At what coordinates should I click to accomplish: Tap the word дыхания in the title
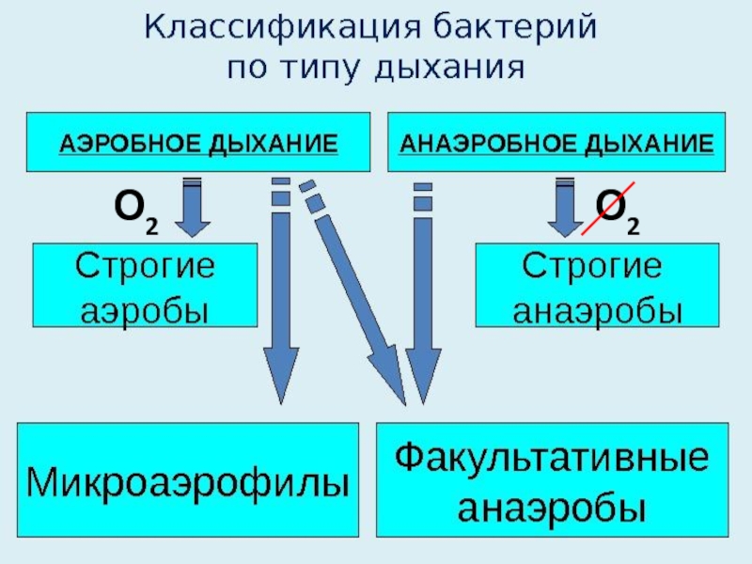coord(449,69)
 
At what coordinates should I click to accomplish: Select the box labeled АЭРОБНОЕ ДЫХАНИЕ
coord(198,143)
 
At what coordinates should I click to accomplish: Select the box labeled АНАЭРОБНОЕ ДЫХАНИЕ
coord(556,143)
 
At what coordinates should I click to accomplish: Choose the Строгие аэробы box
coord(145,285)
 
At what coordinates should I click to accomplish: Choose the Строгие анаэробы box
coord(597,285)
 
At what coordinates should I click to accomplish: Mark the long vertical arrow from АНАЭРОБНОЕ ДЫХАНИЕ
coord(423,301)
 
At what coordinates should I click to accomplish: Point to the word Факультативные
coord(552,460)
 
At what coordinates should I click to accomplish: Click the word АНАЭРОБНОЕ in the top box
coord(479,144)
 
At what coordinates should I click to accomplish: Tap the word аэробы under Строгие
coord(145,308)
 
